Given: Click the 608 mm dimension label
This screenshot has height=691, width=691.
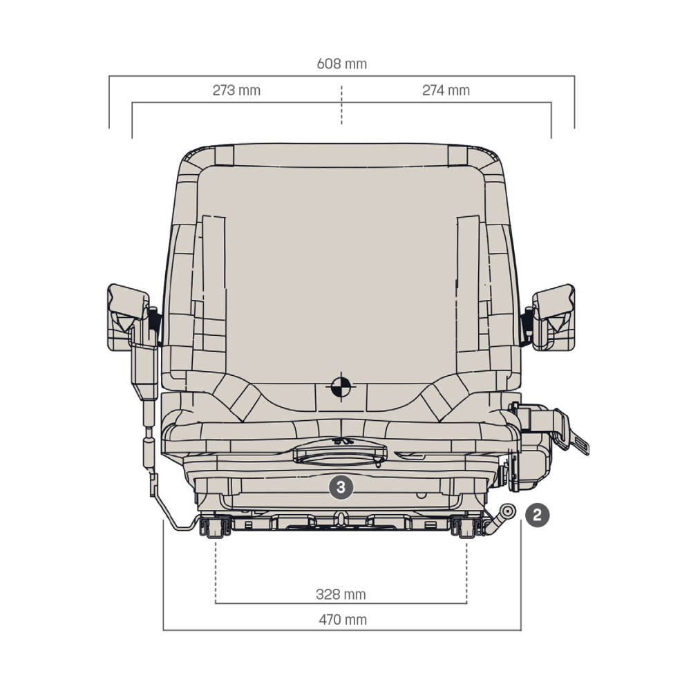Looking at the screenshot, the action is [341, 64].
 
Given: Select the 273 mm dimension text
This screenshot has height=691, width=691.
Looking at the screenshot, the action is [236, 91].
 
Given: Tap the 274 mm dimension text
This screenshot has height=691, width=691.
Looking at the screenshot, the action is [446, 91].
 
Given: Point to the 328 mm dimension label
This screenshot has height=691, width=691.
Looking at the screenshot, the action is [341, 594].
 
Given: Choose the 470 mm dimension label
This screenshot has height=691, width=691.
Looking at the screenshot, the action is [343, 620].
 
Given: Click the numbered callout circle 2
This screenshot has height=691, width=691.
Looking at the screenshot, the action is [537, 515].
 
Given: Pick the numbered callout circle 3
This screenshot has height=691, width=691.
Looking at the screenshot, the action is [341, 487].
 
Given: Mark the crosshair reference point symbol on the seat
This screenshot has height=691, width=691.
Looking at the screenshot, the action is [341, 386].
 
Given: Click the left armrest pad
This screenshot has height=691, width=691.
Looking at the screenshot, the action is [128, 317].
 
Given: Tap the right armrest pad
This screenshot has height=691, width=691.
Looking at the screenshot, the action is [553, 317].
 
